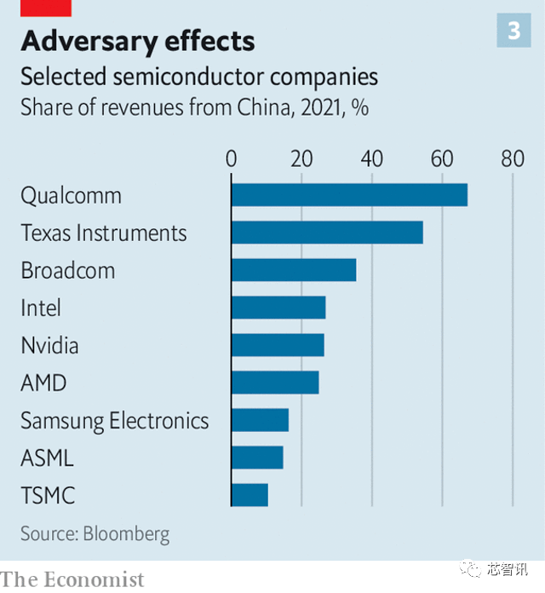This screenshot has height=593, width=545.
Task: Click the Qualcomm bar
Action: pyautogui.click(x=349, y=195)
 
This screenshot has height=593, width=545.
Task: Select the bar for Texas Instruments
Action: pyautogui.click(x=327, y=233)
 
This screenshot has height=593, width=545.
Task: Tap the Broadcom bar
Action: pyautogui.click(x=294, y=270)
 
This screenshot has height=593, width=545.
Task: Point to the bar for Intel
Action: pyautogui.click(x=278, y=308)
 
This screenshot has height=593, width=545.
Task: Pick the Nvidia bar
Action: pyautogui.click(x=278, y=345)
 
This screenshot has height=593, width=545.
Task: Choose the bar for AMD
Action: pyautogui.click(x=275, y=383)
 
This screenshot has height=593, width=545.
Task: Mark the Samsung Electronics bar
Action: pyautogui.click(x=260, y=420)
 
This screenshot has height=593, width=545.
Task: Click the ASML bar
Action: pyautogui.click(x=257, y=458)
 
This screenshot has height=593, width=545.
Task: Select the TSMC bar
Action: pyautogui.click(x=250, y=495)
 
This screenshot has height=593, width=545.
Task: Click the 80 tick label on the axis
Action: pyautogui.click(x=512, y=158)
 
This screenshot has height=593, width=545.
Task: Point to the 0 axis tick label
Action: pyautogui.click(x=232, y=158)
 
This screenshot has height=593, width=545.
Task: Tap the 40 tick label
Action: pyautogui.click(x=371, y=158)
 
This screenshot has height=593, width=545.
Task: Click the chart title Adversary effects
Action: pyautogui.click(x=137, y=41)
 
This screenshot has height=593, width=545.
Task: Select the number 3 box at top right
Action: pyautogui.click(x=513, y=32)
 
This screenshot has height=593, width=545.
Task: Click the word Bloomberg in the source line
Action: pyautogui.click(x=127, y=534)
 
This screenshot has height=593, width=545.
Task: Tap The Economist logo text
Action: pyautogui.click(x=72, y=579)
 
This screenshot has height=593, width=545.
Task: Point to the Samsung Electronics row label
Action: pyautogui.click(x=114, y=421)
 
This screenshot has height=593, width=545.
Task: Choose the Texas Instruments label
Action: pyautogui.click(x=103, y=233)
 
